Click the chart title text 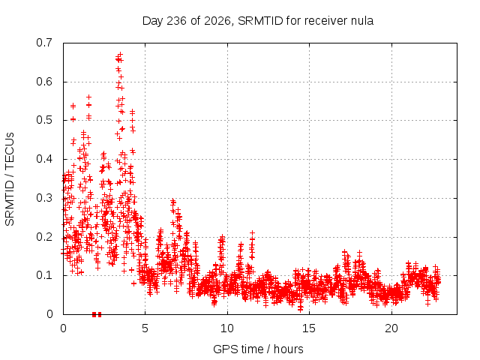pyautogui.click(x=258, y=21)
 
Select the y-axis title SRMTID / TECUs pyautogui.click(x=10, y=179)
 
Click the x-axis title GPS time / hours pyautogui.click(x=258, y=349)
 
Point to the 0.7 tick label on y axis pyautogui.click(x=44, y=43)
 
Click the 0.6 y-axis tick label pyautogui.click(x=44, y=82)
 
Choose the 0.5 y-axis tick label pyautogui.click(x=44, y=120)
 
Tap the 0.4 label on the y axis pyautogui.click(x=44, y=159)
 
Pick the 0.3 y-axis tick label pyautogui.click(x=44, y=198)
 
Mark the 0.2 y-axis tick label pyautogui.click(x=44, y=237)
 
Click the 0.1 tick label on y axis pyautogui.click(x=44, y=275)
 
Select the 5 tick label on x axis pyautogui.click(x=145, y=328)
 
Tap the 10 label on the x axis pyautogui.click(x=227, y=328)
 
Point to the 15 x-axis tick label pyautogui.click(x=309, y=328)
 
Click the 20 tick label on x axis pyautogui.click(x=391, y=328)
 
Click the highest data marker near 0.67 pyautogui.click(x=120, y=55)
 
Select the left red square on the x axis pyautogui.click(x=94, y=314)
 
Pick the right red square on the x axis pyautogui.click(x=100, y=314)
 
